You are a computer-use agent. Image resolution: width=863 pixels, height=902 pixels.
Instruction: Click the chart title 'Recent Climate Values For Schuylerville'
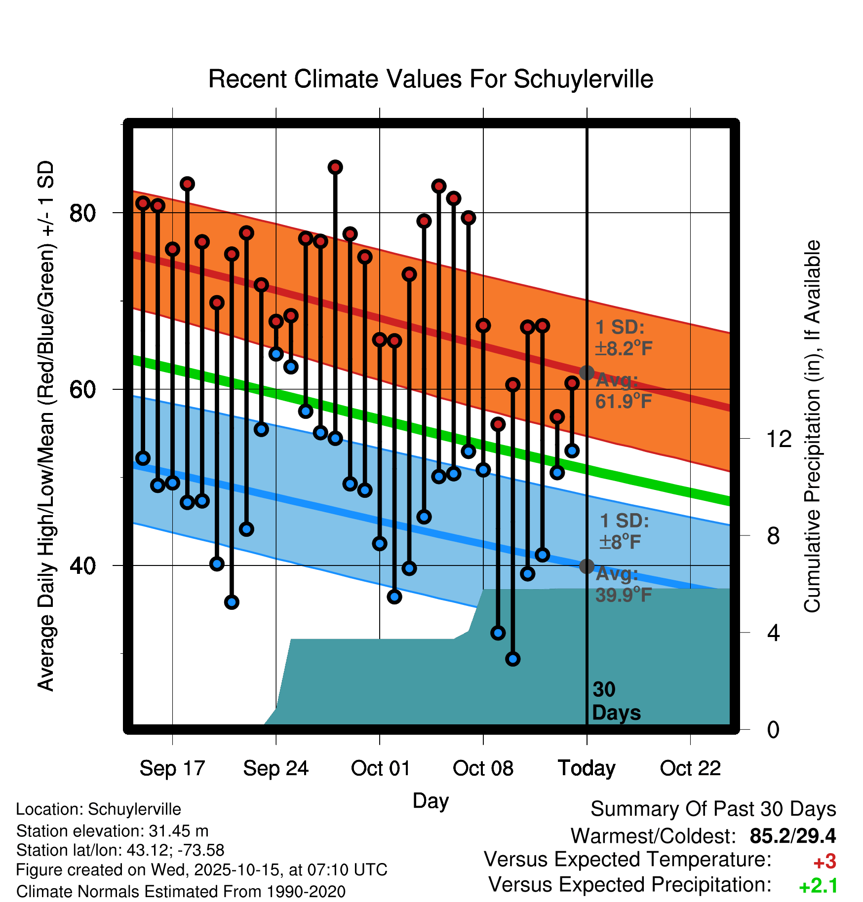[431, 79]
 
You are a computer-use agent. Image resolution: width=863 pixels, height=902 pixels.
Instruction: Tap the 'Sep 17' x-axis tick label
[172, 768]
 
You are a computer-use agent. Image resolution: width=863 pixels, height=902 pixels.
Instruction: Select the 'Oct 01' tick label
[380, 768]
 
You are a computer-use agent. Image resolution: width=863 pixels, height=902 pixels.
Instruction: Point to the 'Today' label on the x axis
[587, 768]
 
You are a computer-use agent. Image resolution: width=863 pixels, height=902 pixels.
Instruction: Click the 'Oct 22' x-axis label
[690, 768]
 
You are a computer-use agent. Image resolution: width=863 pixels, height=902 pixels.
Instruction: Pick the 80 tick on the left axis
[82, 213]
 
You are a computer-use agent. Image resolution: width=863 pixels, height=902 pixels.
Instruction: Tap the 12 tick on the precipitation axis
[779, 439]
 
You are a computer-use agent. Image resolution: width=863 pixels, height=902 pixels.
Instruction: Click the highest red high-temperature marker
[335, 167]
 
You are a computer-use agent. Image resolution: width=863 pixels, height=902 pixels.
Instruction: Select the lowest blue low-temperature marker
[513, 659]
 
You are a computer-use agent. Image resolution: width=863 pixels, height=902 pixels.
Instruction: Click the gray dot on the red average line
[587, 373]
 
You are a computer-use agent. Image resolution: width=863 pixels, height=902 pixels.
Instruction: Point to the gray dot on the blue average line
[587, 566]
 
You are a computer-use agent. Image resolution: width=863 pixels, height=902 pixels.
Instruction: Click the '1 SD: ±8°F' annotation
[624, 531]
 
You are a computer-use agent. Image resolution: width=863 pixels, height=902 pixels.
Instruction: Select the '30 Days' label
[616, 701]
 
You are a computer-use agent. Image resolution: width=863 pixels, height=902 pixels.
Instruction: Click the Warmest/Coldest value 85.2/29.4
[792, 836]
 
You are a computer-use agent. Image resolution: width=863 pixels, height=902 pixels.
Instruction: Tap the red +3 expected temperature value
[824, 862]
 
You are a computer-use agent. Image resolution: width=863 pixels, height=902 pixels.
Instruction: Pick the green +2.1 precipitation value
[818, 886]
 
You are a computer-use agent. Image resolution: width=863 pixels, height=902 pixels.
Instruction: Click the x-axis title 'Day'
[431, 800]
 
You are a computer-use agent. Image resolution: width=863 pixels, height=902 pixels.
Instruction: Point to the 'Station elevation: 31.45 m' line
[112, 831]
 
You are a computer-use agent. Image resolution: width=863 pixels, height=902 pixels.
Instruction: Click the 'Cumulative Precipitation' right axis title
[812, 427]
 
